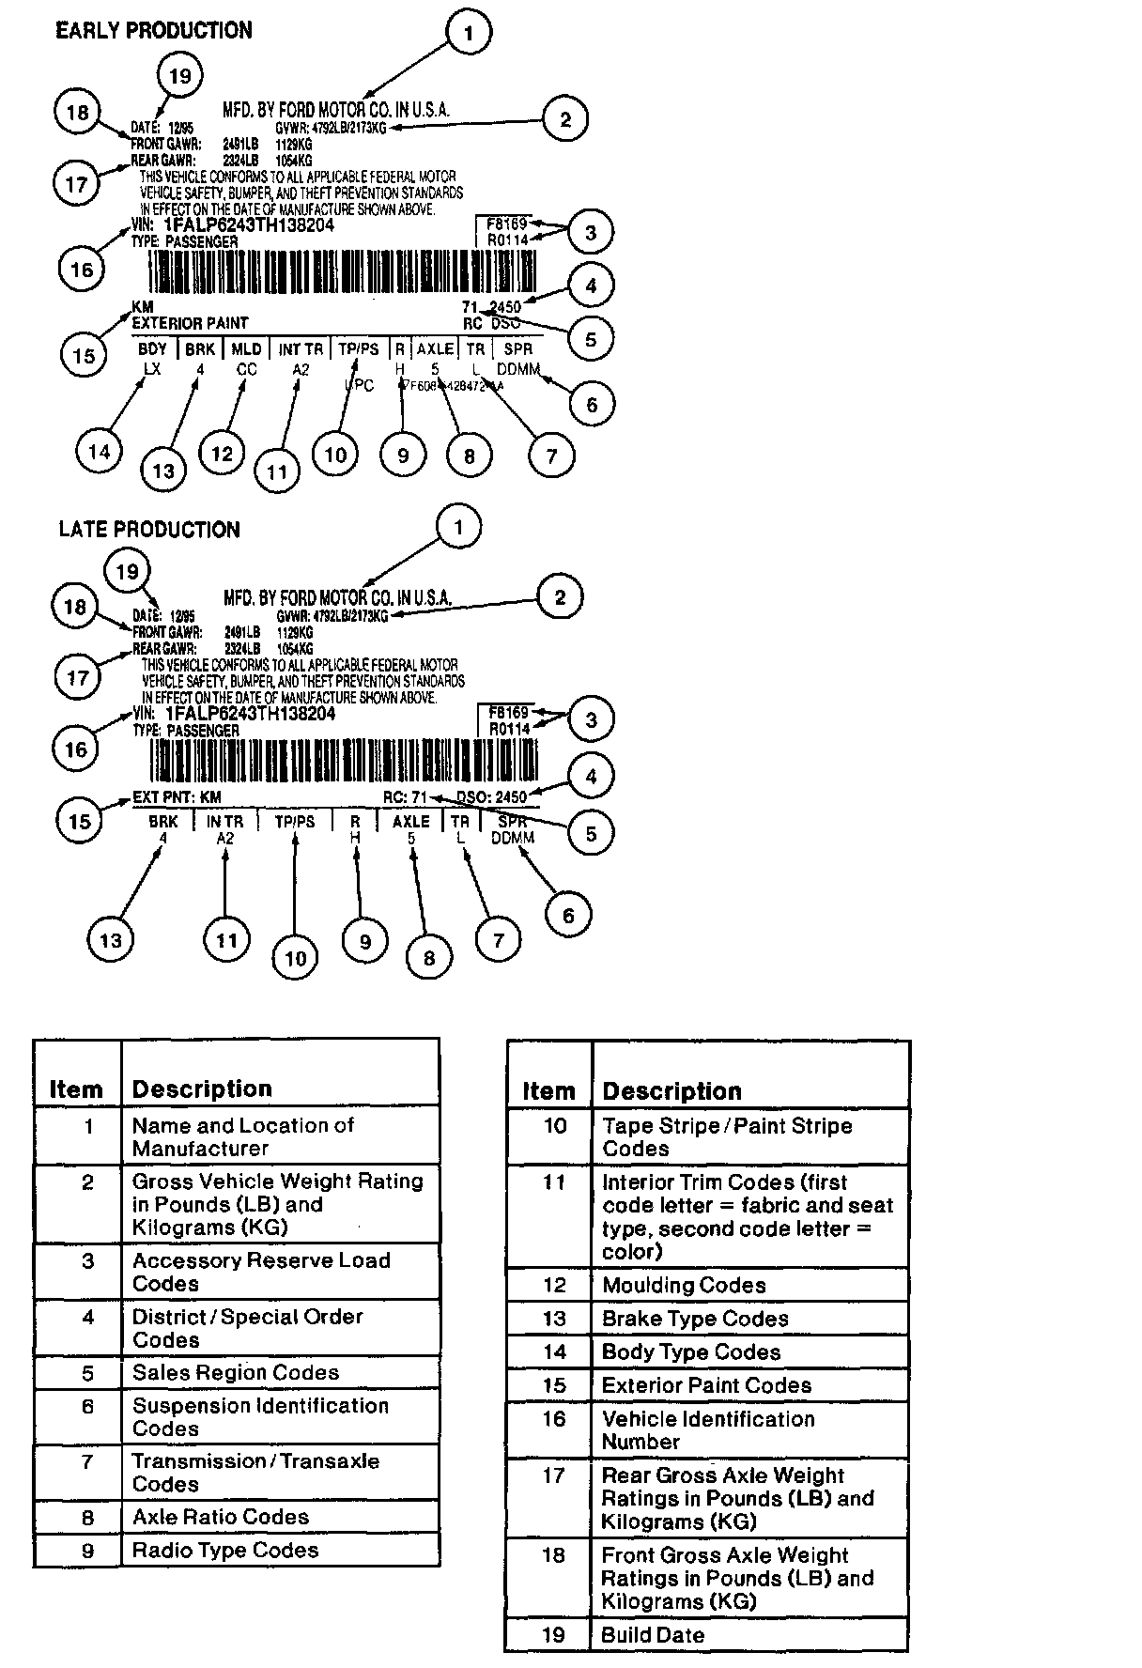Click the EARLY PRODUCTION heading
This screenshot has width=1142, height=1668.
click(x=153, y=31)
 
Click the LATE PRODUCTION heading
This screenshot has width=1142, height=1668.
click(x=149, y=530)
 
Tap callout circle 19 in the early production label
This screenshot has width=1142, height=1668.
click(x=179, y=75)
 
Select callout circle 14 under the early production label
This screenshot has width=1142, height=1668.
click(x=99, y=452)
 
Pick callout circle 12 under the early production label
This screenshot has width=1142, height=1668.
click(x=222, y=455)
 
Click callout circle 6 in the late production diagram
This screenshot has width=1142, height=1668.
click(x=568, y=915)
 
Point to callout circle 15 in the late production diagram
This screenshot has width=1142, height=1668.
click(x=80, y=821)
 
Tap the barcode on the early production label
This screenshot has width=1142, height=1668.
click(x=343, y=274)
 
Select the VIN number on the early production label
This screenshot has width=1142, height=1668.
click(x=248, y=225)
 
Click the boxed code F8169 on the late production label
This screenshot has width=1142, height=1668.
click(x=509, y=712)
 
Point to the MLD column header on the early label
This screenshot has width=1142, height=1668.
click(x=246, y=349)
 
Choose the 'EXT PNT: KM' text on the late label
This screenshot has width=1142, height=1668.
click(x=177, y=797)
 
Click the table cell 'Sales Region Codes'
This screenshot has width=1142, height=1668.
click(x=236, y=1372)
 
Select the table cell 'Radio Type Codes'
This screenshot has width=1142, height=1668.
click(x=225, y=1550)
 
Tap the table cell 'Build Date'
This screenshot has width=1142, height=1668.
click(x=653, y=1634)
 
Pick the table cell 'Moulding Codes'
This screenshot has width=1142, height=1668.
click(x=684, y=1285)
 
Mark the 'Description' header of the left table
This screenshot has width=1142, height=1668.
click(x=202, y=1089)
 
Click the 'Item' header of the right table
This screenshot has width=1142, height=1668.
click(x=548, y=1091)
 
